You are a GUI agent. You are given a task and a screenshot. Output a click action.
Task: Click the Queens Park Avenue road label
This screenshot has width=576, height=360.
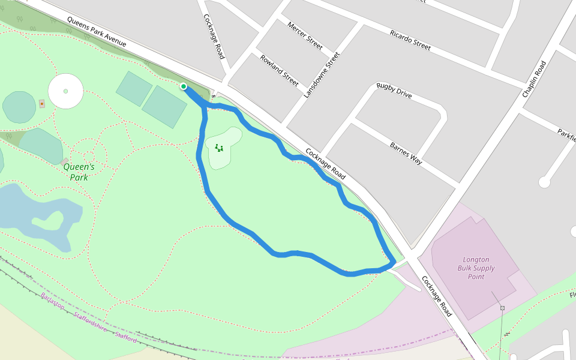pyautogui.click(x=97, y=31)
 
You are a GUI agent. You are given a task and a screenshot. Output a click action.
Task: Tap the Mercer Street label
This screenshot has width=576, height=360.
pyautogui.click(x=305, y=36)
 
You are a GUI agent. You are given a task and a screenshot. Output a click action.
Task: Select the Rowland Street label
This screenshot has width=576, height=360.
pyautogui.click(x=279, y=70)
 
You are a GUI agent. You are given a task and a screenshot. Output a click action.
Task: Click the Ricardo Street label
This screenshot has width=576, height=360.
pyautogui.click(x=410, y=40)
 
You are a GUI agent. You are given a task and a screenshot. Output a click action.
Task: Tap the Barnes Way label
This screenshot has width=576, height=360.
pyautogui.click(x=406, y=154)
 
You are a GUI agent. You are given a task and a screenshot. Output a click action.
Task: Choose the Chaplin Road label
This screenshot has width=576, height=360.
pyautogui.click(x=534, y=79)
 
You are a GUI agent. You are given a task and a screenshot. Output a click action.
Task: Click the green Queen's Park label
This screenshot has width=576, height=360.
pyautogui.click(x=79, y=172)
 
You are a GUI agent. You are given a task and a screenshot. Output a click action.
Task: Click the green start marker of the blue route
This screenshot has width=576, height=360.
pyautogui.click(x=184, y=86)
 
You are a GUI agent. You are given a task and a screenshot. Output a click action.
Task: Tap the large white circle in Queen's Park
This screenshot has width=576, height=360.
pyautogui.click(x=65, y=91)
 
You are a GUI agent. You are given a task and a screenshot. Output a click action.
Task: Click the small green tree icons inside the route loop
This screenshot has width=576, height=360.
pyautogui.click(x=219, y=148)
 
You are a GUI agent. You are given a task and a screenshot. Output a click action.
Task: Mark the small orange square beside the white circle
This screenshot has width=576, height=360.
pyautogui.click(x=41, y=104)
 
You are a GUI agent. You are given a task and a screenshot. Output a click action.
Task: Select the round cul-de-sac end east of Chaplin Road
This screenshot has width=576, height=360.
pyautogui.click(x=545, y=182)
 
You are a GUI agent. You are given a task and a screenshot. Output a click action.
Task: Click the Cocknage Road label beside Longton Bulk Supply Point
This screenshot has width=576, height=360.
pyautogui.click(x=436, y=296)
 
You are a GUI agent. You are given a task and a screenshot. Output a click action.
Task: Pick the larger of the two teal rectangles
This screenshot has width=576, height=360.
pyautogui.click(x=164, y=107)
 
